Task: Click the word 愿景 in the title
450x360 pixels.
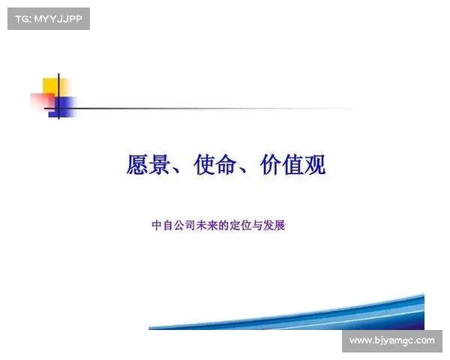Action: click(x=148, y=164)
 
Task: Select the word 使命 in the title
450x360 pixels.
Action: click(x=215, y=164)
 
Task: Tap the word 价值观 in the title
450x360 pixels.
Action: click(x=293, y=164)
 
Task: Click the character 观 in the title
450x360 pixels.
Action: click(x=315, y=164)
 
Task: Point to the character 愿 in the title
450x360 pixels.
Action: click(x=137, y=164)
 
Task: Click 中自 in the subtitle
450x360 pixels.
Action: click(x=163, y=225)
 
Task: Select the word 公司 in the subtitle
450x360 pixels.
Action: click(x=184, y=225)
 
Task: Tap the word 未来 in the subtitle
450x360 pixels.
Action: click(x=207, y=225)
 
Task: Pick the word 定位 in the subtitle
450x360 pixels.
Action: click(x=241, y=225)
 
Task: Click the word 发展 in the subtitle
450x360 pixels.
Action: click(x=274, y=225)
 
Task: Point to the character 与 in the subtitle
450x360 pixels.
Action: click(x=257, y=225)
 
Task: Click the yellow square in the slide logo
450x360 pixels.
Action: click(x=55, y=87)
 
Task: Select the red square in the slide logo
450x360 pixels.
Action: click(x=42, y=101)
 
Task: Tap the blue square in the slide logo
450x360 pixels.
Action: click(x=62, y=107)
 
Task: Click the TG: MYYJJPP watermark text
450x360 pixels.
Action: click(x=49, y=19)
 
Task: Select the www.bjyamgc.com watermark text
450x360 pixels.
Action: click(x=392, y=340)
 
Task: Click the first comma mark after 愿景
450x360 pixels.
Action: click(x=175, y=171)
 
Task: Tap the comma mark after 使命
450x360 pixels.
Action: click(x=242, y=171)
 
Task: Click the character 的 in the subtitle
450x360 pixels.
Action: click(x=223, y=225)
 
